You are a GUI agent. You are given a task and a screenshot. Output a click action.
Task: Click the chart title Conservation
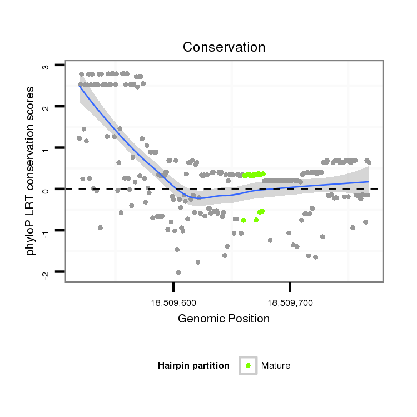click(x=224, y=47)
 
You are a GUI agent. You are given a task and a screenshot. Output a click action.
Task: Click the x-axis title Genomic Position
click(x=224, y=319)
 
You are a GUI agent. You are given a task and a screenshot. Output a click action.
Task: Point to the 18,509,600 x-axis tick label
click(x=173, y=303)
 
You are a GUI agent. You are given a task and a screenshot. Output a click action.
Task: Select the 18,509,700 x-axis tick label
click(x=290, y=303)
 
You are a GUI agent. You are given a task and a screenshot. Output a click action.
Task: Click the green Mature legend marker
click(x=248, y=365)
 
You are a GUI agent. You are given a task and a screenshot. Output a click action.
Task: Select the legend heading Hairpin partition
click(x=193, y=365)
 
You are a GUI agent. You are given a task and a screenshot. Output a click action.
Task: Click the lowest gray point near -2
click(x=178, y=272)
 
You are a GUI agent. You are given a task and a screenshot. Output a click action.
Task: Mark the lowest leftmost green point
click(x=243, y=220)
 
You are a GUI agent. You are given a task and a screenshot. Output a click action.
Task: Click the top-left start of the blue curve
click(x=79, y=85)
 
